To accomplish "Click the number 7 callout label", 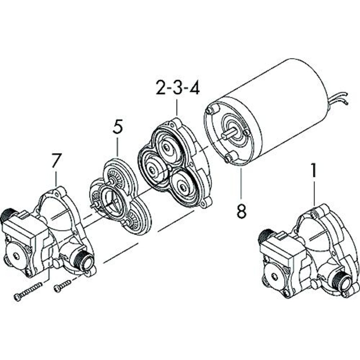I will (x=56, y=161).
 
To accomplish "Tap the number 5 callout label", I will (x=117, y=127).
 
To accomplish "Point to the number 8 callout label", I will (x=242, y=210).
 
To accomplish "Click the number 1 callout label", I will (x=314, y=171).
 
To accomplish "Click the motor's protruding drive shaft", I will (x=229, y=133).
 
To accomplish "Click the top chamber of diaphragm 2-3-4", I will (x=169, y=147).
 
